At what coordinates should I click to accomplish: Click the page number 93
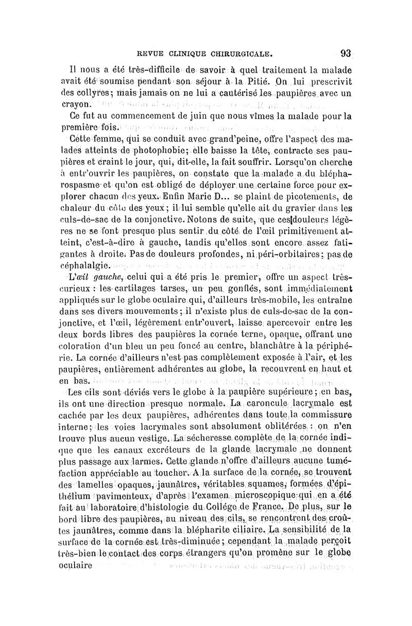[x=345, y=53]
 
